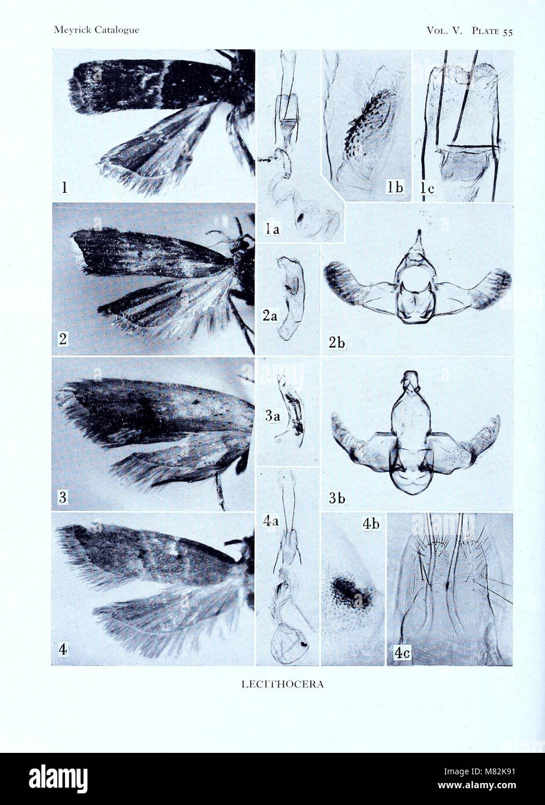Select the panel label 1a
(x=272, y=229)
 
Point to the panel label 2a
(x=270, y=316)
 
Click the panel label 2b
(x=336, y=342)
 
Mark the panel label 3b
(x=337, y=498)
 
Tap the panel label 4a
(x=271, y=521)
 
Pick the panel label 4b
(x=370, y=524)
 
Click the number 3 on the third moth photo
(x=63, y=496)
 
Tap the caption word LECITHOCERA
(x=282, y=684)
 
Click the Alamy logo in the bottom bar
(x=58, y=778)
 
